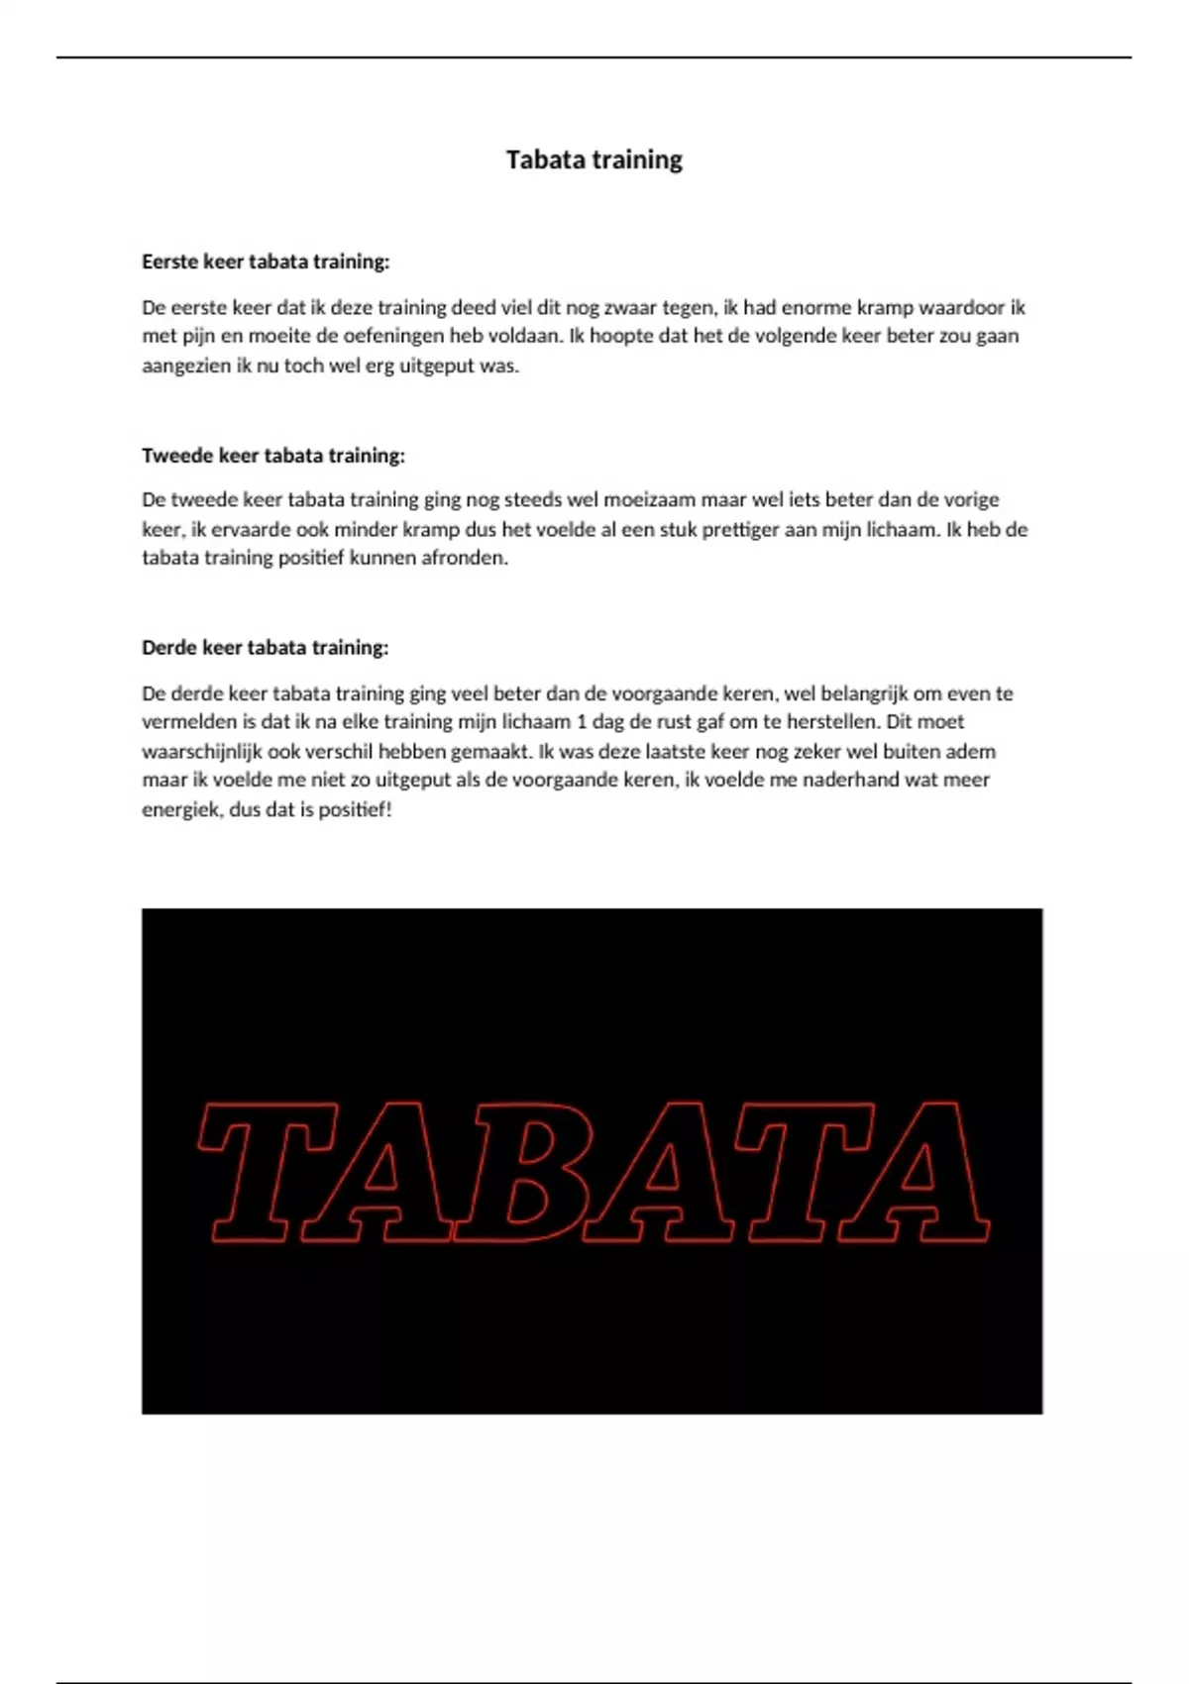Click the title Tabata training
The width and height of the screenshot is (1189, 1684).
tap(594, 160)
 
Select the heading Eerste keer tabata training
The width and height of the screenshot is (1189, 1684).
tap(266, 262)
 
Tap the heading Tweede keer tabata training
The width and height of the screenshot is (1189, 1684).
tap(273, 456)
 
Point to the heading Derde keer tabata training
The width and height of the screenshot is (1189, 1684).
tap(266, 648)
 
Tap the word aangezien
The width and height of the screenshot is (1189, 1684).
tap(185, 366)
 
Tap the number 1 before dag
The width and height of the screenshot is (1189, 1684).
tap(582, 722)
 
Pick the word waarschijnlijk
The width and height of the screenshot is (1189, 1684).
tap(202, 751)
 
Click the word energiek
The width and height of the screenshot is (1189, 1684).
tap(181, 809)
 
